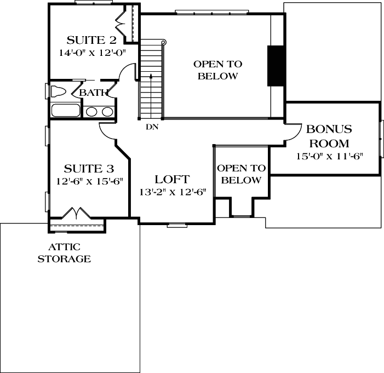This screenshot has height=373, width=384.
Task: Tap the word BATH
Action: [x=93, y=93]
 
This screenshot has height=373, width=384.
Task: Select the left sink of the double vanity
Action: [x=91, y=112]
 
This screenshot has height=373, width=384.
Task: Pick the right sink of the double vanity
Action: [x=107, y=112]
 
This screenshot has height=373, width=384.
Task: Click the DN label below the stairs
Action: [x=152, y=127]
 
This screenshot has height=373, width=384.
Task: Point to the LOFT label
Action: [x=172, y=179]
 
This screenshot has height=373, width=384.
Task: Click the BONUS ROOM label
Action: [x=329, y=136]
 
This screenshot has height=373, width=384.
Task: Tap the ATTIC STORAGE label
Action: [x=64, y=254]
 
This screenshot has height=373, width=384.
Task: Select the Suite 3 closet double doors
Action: [x=75, y=213]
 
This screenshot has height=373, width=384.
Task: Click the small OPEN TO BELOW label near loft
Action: [x=241, y=174]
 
